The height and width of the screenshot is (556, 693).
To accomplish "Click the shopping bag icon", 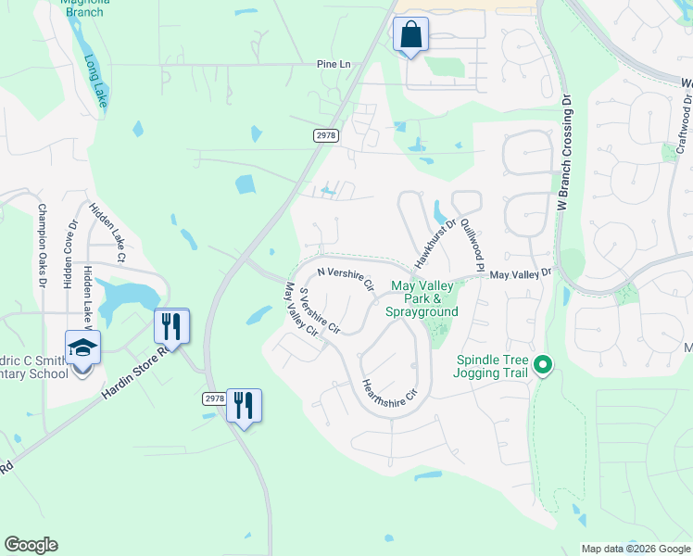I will [x=410, y=35].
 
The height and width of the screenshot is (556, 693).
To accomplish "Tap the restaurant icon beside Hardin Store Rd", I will [x=171, y=326].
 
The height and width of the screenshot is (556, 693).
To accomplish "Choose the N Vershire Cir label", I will [x=345, y=278].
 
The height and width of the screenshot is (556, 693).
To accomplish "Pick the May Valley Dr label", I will [x=520, y=274].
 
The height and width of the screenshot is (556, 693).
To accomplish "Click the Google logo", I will [x=31, y=545].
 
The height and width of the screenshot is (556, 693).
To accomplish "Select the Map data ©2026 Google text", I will [x=636, y=549].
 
